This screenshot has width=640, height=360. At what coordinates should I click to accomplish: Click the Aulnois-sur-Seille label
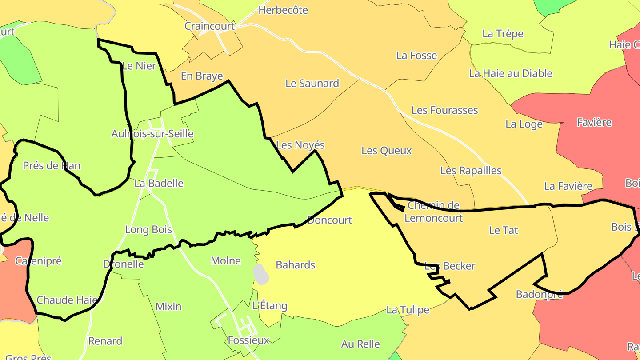[x=152, y=134]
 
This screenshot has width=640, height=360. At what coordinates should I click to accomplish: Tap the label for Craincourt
[x=209, y=26]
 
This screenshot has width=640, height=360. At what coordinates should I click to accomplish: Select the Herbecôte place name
[x=283, y=10]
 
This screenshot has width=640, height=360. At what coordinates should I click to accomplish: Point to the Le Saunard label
[x=312, y=83]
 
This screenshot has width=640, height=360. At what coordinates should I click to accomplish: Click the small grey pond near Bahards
[x=261, y=274]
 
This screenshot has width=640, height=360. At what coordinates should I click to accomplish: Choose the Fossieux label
[x=248, y=340]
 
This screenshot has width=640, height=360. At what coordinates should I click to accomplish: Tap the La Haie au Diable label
[x=511, y=73]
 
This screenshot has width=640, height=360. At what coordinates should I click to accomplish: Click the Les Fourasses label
[x=444, y=110]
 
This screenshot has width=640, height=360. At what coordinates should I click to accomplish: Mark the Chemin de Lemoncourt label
[x=433, y=212]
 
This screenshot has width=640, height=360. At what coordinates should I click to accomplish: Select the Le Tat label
[x=503, y=230]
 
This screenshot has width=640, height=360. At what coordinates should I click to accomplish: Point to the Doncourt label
[x=329, y=220]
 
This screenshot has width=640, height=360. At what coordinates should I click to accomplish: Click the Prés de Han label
[x=52, y=166]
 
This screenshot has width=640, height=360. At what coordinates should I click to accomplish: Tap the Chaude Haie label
[x=67, y=300]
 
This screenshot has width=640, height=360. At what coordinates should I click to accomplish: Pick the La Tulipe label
[x=408, y=310]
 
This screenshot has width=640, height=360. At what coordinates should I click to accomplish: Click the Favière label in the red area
[x=594, y=122]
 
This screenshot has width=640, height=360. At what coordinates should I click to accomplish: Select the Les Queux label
[x=386, y=151]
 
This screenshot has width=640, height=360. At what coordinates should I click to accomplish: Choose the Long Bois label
[x=148, y=230]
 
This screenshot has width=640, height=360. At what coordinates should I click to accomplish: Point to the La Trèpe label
[x=503, y=34]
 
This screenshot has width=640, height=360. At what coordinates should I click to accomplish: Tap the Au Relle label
[x=360, y=344]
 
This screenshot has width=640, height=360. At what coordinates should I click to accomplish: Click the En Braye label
[x=201, y=76]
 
